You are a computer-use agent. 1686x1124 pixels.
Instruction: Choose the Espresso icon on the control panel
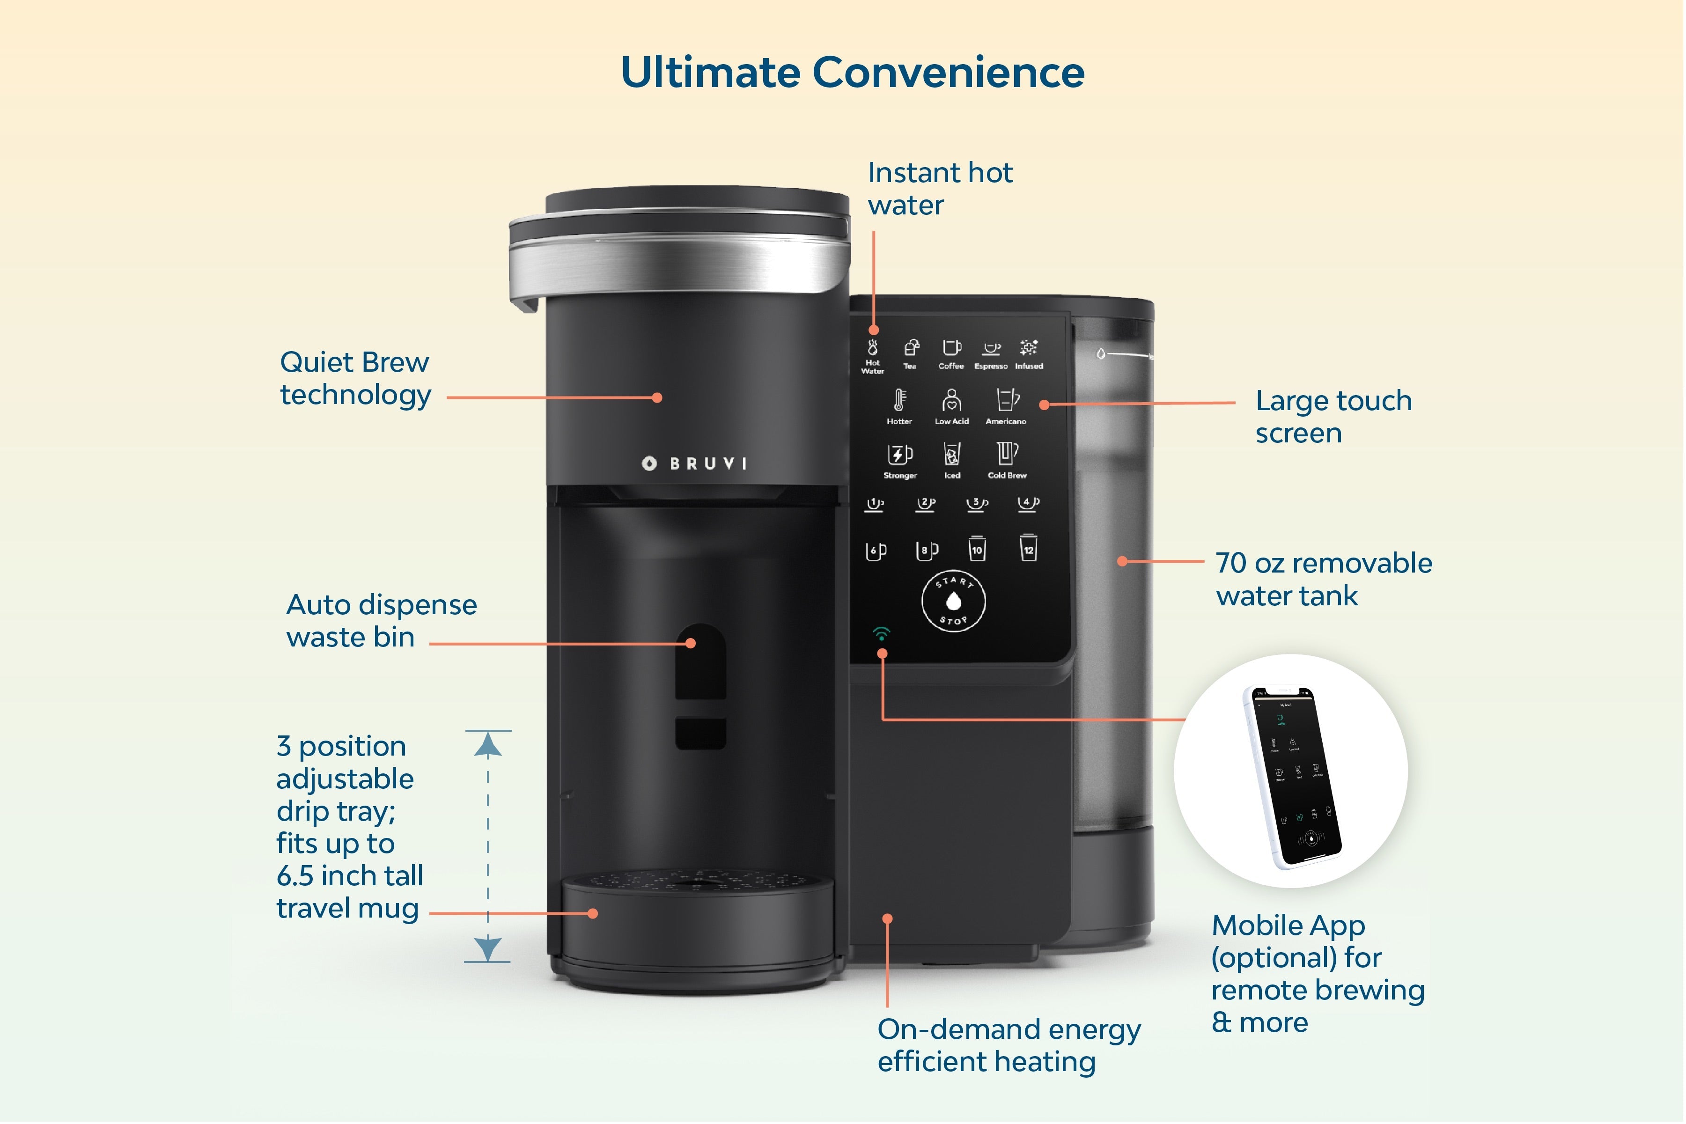coord(991,349)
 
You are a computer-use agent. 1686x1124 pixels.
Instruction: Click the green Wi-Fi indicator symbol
coord(882,634)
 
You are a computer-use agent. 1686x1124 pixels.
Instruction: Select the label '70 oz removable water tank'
coord(1323,579)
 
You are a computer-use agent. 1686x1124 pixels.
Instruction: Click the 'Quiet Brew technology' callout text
coord(355,378)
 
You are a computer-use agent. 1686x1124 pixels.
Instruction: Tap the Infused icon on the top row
coord(1029,349)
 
